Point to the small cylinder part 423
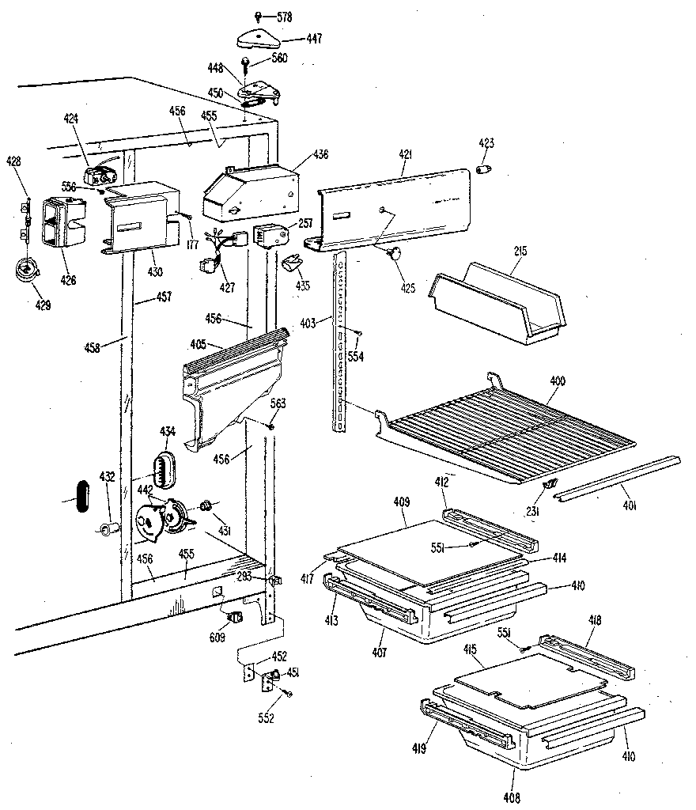point(486,170)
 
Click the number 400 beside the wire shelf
point(558,381)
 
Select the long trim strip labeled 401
point(617,475)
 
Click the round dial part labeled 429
point(27,270)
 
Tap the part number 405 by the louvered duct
point(198,345)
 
